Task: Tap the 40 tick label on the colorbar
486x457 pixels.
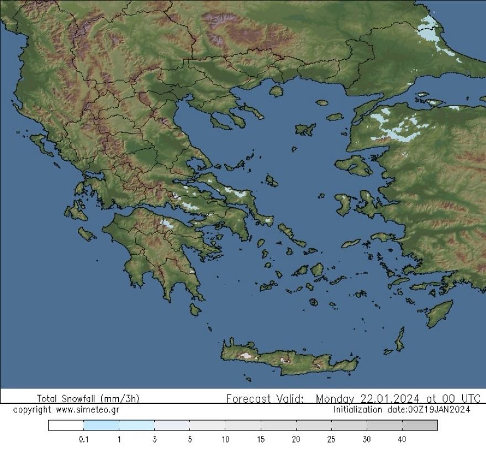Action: pos(402,439)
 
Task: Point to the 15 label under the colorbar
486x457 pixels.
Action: pos(261,439)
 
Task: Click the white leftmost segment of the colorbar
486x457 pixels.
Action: pos(66,425)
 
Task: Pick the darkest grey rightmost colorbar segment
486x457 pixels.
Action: pos(420,425)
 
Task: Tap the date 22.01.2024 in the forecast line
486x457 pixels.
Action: pos(390,398)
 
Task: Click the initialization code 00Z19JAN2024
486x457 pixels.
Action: pos(439,409)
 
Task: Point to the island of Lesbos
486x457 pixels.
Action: pos(353,165)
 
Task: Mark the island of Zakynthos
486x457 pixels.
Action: pos(87,234)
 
